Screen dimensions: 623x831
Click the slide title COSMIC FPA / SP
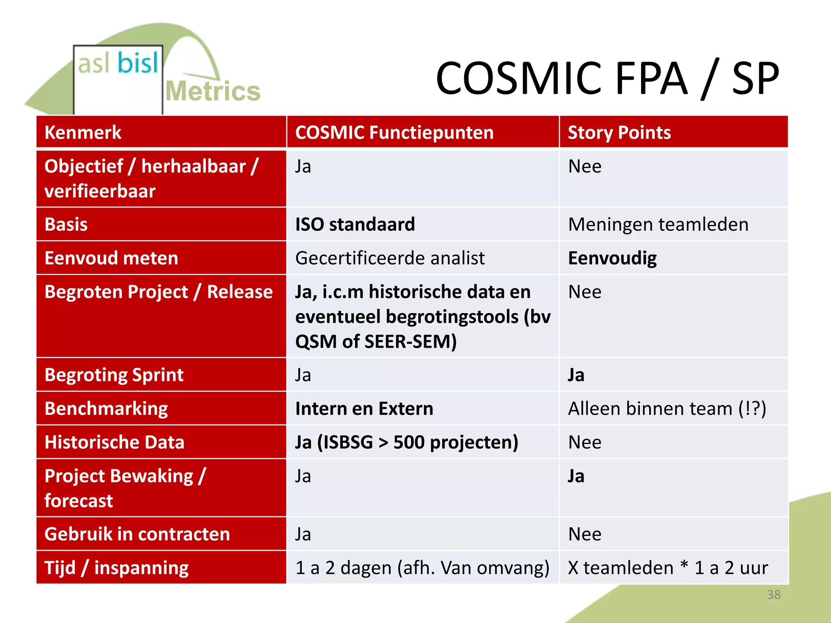pos(607,78)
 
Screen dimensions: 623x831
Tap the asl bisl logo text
pos(118,64)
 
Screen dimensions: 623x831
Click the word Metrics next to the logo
pos(213,91)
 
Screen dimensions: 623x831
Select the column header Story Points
pos(619,133)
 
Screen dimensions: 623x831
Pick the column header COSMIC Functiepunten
pos(394,133)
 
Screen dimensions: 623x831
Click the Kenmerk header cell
pos(83,133)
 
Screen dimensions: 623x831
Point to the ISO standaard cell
pos(355,224)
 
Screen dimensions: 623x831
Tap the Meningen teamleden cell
pos(658,224)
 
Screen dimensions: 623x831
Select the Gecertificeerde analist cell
pos(390,258)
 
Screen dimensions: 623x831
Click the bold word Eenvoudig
pos(612,258)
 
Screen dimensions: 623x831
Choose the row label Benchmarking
pos(106,408)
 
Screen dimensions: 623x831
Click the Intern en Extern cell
pos(364,408)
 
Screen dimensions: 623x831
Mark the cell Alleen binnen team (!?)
pos(667,408)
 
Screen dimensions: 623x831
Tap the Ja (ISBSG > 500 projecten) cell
pos(407,442)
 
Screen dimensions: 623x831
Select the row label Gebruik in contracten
pos(137,534)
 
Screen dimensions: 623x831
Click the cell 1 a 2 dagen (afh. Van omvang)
pos(422,568)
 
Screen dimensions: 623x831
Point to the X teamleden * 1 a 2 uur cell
pos(668,568)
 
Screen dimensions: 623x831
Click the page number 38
pos(773,595)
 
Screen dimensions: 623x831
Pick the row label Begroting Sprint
pos(114,375)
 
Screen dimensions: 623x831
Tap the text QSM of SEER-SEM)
pos(376,342)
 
